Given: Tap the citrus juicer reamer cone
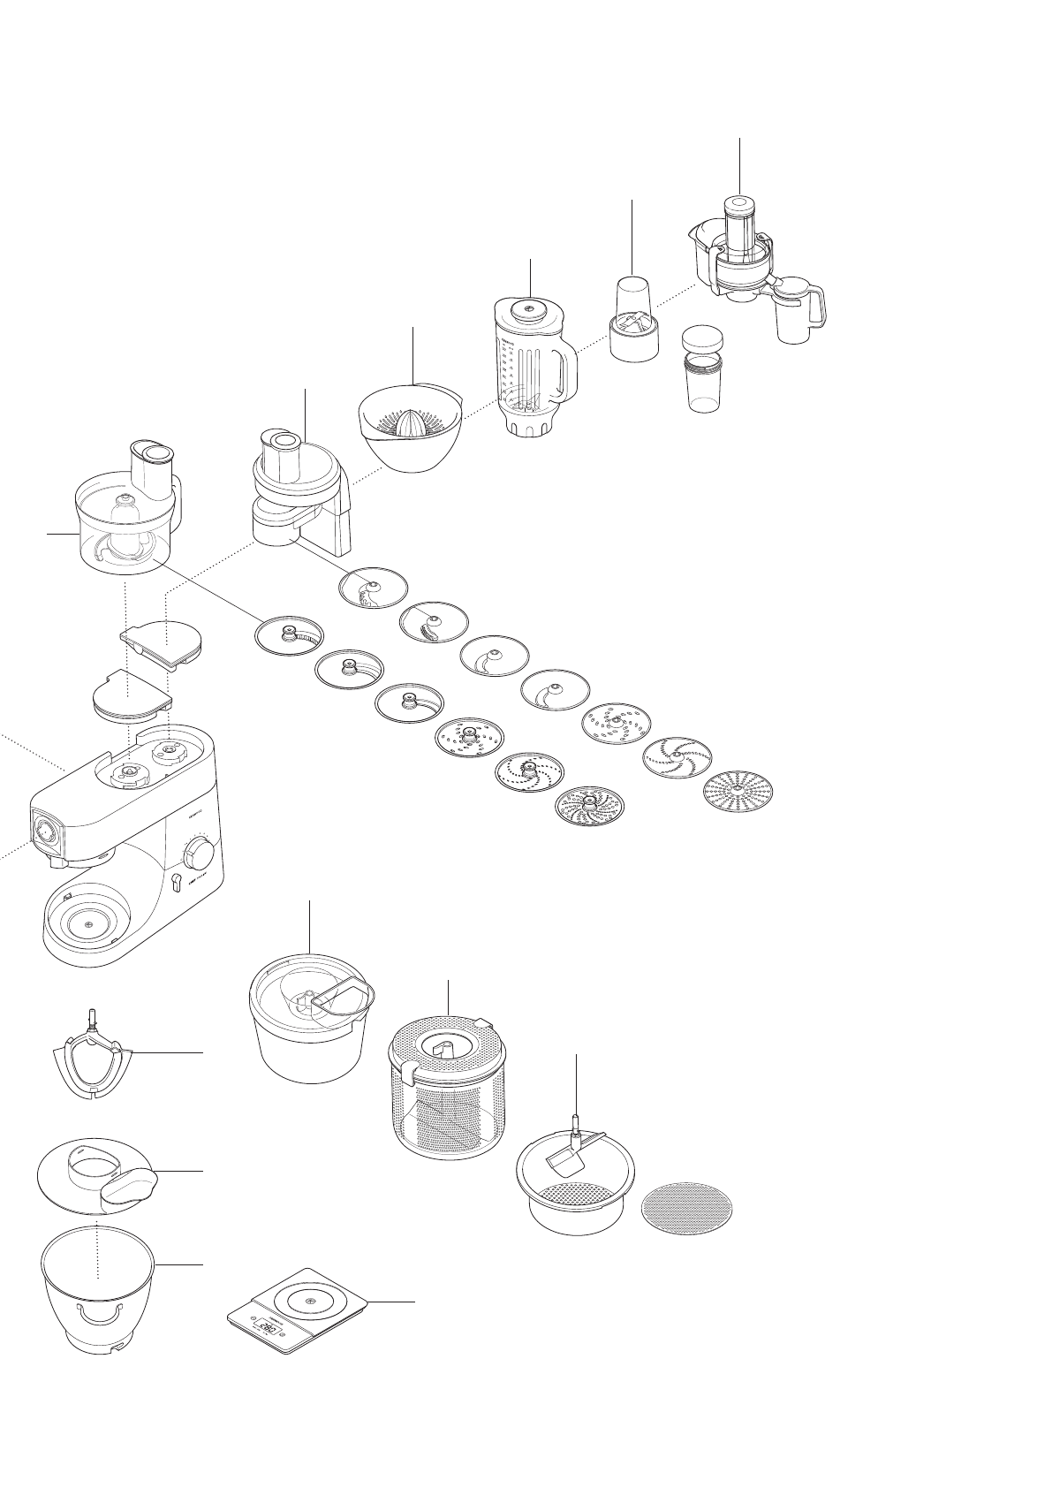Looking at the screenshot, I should [411, 423].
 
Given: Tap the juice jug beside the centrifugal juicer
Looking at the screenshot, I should [798, 311].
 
